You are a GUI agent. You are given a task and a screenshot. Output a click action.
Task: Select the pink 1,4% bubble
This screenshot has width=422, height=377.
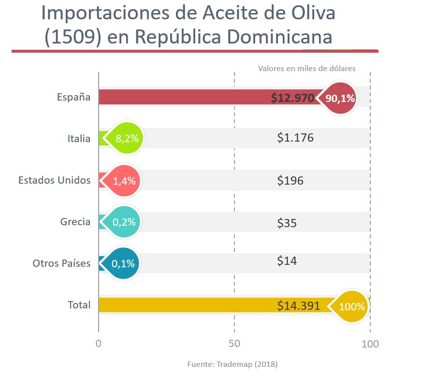[x=124, y=181]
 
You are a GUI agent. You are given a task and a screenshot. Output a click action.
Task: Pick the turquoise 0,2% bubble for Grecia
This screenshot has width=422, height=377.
[x=123, y=222]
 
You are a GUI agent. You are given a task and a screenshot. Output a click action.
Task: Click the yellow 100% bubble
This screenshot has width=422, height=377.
[x=351, y=306]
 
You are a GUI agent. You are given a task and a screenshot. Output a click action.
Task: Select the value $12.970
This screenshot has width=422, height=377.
[x=292, y=98]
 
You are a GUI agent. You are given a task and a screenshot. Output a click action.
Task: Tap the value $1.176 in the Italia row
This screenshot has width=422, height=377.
[x=295, y=138]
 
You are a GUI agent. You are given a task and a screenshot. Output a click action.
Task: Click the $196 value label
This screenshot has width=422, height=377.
[x=290, y=181]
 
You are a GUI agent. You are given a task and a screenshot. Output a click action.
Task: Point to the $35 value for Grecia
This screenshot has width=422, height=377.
[x=287, y=223]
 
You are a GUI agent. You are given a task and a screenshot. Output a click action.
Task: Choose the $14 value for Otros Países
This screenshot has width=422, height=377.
[x=287, y=261]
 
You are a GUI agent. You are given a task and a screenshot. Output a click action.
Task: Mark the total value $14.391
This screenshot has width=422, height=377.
[x=298, y=305]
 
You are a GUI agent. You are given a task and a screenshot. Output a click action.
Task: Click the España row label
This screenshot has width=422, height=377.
[x=73, y=97]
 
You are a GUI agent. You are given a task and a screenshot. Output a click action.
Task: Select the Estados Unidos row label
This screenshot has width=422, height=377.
[x=54, y=180]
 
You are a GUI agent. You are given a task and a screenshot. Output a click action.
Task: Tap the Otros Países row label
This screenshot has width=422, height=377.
[x=61, y=263]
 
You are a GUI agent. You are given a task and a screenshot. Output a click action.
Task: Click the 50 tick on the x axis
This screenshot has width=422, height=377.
[x=234, y=344]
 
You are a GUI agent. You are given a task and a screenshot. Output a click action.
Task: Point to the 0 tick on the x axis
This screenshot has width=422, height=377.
[x=99, y=344]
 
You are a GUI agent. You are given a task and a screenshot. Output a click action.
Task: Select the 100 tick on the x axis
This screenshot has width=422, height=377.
[x=370, y=344]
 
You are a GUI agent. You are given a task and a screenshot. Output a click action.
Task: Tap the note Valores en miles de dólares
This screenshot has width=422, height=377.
[x=306, y=68]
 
